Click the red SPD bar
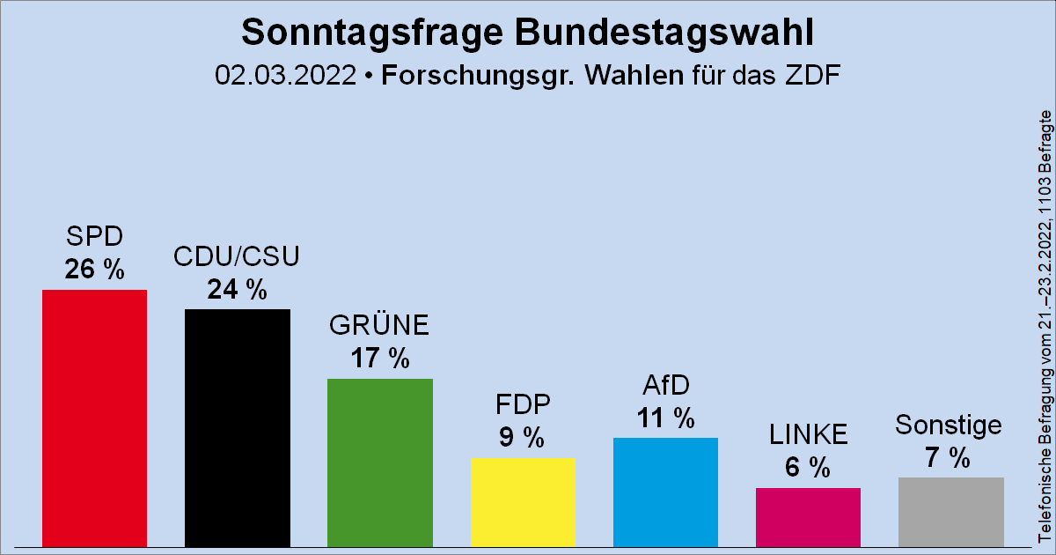pyautogui.click(x=95, y=418)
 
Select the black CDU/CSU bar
pyautogui.click(x=238, y=428)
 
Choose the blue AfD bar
pyautogui.click(x=665, y=492)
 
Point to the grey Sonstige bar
pyautogui.click(x=950, y=512)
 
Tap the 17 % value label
pyautogui.click(x=380, y=359)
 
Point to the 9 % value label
pyautogui.click(x=523, y=438)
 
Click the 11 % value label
pyautogui.click(x=665, y=418)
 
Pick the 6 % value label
pyautogui.click(x=808, y=468)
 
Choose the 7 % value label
pyautogui.click(x=948, y=457)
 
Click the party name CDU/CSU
pyautogui.click(x=238, y=257)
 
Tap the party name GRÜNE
pyautogui.click(x=380, y=326)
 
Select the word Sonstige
pyautogui.click(x=949, y=425)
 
